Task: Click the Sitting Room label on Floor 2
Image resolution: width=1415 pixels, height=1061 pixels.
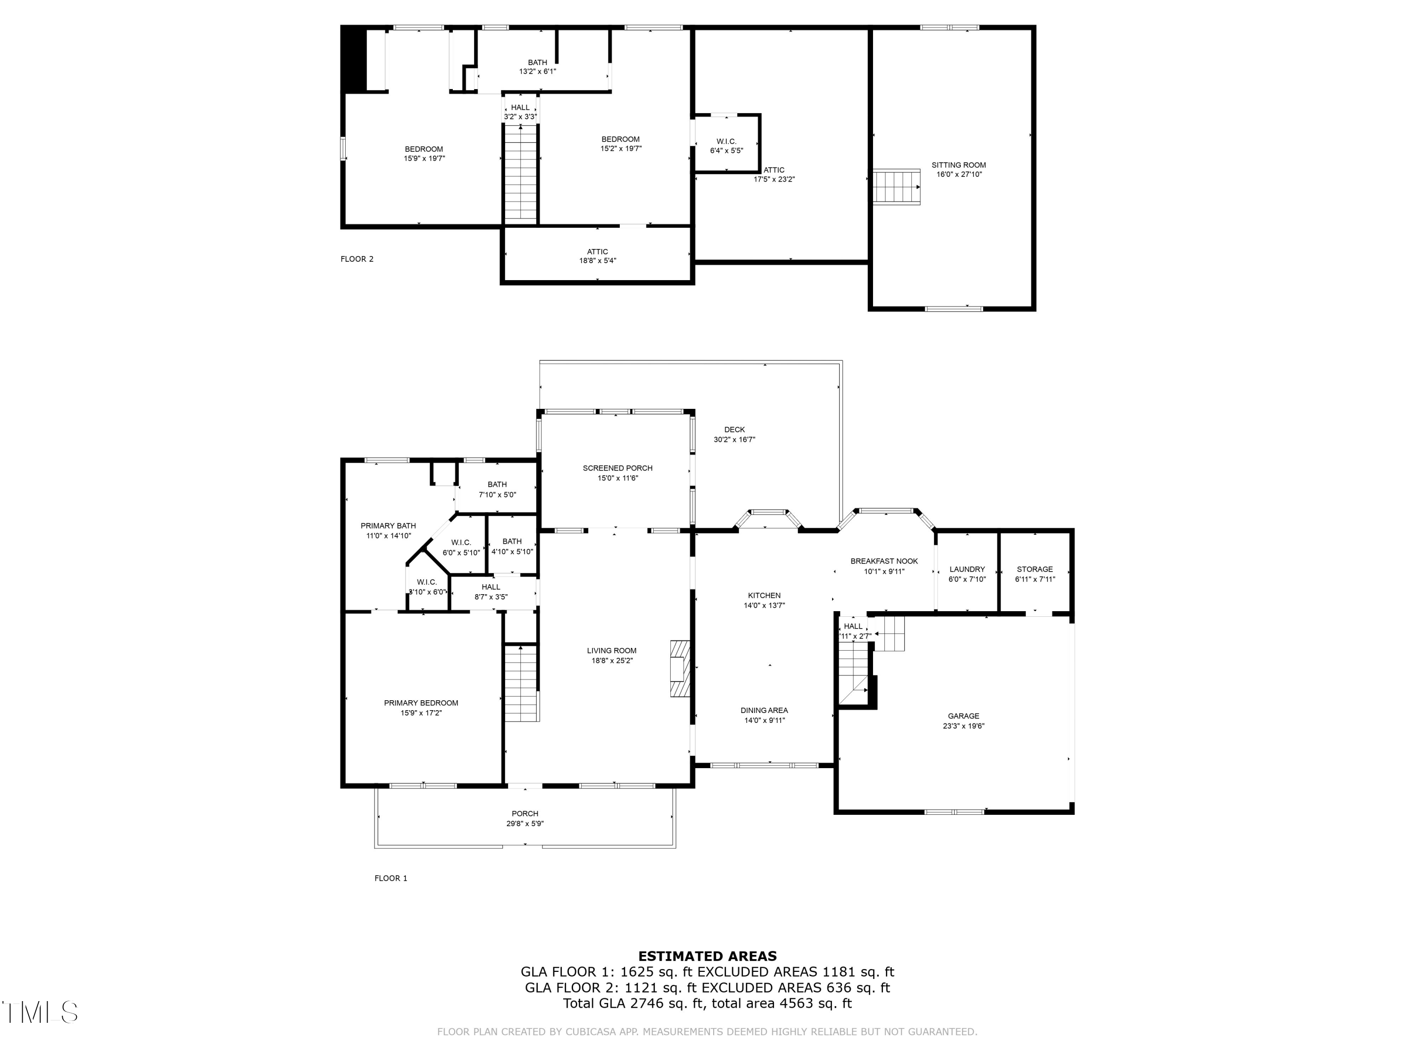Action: click(x=958, y=165)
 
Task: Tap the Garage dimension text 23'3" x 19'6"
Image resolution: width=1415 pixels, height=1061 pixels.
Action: click(x=963, y=726)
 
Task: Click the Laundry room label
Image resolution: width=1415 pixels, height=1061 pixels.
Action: click(x=966, y=569)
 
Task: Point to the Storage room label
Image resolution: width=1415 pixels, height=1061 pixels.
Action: click(x=1034, y=569)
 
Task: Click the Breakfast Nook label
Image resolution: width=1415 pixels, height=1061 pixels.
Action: click(x=883, y=561)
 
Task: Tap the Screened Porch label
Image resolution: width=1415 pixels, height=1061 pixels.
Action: click(x=617, y=468)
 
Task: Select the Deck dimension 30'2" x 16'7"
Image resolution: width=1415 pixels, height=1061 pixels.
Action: click(x=734, y=439)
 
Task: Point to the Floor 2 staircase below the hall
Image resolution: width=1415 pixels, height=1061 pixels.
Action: click(x=521, y=173)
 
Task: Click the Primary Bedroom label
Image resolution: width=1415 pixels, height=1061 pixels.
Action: click(x=421, y=703)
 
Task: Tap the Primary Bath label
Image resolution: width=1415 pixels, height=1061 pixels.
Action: click(x=388, y=526)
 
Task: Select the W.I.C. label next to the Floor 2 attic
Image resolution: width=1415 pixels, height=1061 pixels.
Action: click(x=726, y=141)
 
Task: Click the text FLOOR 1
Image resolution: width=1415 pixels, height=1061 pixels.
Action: click(x=390, y=878)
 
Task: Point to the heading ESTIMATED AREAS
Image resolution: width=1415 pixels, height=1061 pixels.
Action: click(x=707, y=956)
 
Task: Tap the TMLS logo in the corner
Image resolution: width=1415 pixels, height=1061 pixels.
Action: click(x=40, y=1012)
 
